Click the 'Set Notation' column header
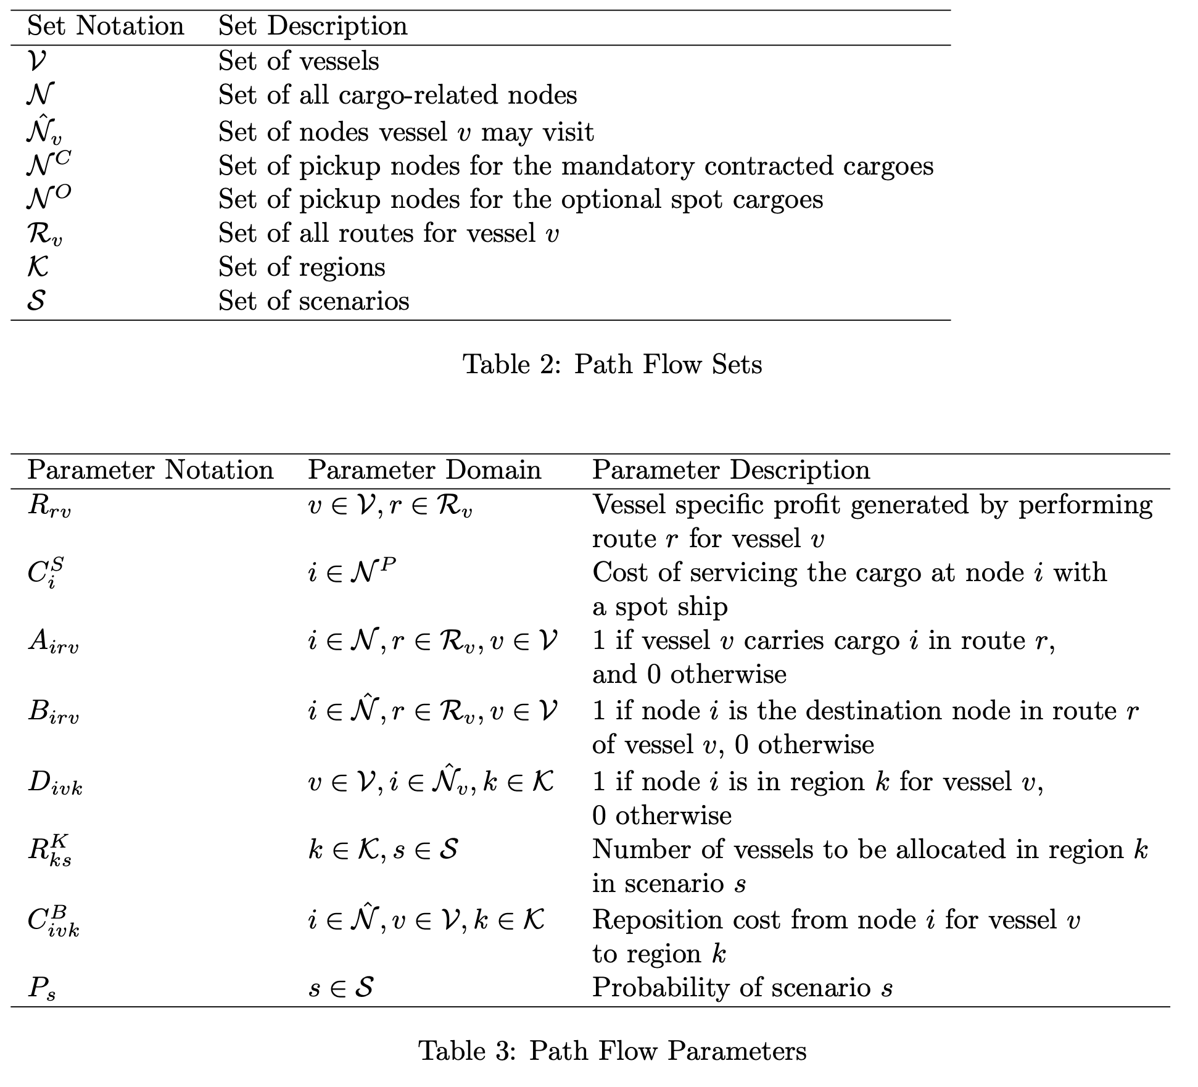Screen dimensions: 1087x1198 pos(105,27)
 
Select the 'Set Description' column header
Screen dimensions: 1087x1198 pos(313,27)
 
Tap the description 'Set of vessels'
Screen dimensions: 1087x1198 pos(299,61)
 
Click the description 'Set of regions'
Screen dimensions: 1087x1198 pos(302,267)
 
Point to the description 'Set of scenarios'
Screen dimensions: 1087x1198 pos(313,301)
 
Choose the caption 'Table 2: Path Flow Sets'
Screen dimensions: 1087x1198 pos(612,364)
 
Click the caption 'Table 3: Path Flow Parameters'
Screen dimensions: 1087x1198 pos(612,1051)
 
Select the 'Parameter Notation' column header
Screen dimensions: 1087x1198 pos(150,471)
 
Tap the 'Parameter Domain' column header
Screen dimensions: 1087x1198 pos(424,471)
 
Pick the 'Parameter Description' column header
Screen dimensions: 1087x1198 pos(731,471)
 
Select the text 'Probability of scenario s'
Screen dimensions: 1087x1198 pos(742,988)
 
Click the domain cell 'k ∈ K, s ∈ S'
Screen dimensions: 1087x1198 pos(382,851)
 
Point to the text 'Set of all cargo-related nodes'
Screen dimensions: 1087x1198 pos(397,96)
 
